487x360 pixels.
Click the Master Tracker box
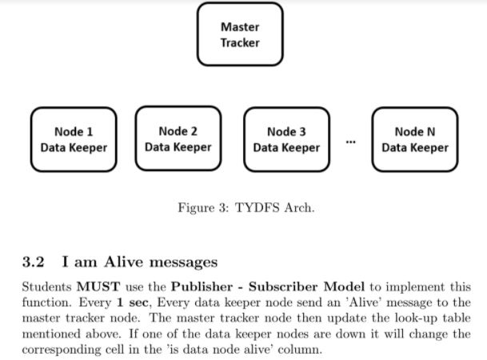click(x=240, y=35)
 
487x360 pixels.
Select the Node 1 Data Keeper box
click(x=74, y=139)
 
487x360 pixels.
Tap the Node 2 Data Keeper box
click(x=178, y=138)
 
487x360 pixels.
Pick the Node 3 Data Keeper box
click(x=286, y=139)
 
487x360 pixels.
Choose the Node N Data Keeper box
click(x=414, y=139)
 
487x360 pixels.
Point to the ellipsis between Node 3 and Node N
click(x=350, y=142)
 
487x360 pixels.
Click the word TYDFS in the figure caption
click(x=253, y=208)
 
